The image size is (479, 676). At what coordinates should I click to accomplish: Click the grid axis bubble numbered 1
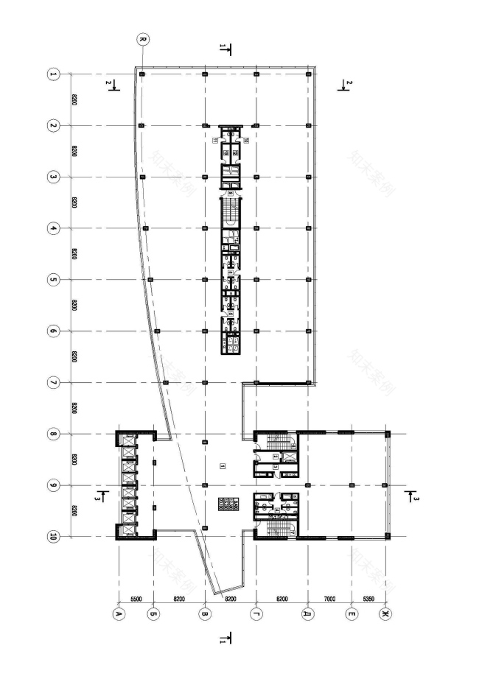click(x=53, y=74)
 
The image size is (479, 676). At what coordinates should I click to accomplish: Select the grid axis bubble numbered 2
click(x=53, y=126)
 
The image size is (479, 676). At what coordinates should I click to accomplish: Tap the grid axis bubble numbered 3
click(x=53, y=177)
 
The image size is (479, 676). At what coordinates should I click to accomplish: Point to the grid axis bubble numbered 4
click(x=53, y=228)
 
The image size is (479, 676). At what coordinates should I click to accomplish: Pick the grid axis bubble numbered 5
click(x=53, y=280)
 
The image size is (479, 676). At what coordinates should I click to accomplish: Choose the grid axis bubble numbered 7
click(x=53, y=382)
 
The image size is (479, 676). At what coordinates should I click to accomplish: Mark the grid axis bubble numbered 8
click(x=53, y=434)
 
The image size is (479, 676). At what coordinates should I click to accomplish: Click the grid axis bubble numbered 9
click(x=53, y=485)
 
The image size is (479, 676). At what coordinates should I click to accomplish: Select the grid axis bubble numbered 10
click(x=53, y=537)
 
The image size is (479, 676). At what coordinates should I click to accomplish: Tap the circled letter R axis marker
click(x=142, y=38)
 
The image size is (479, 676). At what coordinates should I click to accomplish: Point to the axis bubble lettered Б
click(x=153, y=612)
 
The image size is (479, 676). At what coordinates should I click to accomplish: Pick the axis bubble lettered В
click(x=204, y=612)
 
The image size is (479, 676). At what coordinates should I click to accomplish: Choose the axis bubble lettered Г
click(x=256, y=612)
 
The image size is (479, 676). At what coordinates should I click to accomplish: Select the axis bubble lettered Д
click(x=307, y=612)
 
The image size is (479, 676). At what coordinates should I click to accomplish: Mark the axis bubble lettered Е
click(x=351, y=612)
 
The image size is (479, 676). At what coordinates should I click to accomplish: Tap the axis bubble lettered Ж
click(x=384, y=612)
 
